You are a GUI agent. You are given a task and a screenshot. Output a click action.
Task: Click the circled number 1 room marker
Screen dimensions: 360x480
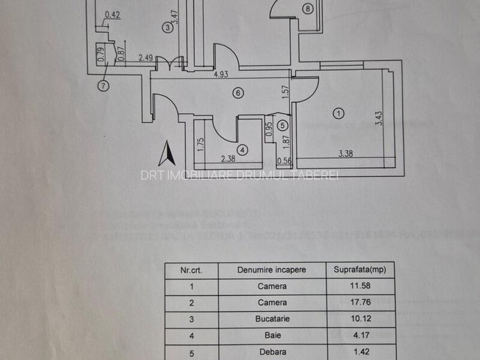(x=339, y=113)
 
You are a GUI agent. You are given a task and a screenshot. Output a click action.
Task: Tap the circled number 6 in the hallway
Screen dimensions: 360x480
(x=238, y=93)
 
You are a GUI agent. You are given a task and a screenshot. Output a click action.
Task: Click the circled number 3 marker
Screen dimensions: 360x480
(x=167, y=27)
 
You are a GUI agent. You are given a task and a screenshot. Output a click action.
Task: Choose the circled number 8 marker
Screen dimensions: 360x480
(x=308, y=9)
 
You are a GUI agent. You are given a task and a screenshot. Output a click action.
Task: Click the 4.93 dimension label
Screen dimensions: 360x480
(x=221, y=74)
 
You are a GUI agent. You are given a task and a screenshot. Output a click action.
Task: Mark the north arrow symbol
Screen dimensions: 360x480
(x=167, y=155)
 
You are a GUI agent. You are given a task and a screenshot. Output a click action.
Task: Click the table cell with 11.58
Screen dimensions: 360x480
(x=360, y=286)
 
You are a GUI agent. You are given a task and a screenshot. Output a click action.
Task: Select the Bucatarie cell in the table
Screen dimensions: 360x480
(x=272, y=318)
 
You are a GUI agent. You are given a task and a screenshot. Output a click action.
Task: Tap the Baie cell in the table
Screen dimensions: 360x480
(x=272, y=334)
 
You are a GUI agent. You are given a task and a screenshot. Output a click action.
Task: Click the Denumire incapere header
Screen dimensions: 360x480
(x=272, y=270)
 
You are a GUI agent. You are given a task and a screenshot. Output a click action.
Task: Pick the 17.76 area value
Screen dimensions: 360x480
(x=360, y=302)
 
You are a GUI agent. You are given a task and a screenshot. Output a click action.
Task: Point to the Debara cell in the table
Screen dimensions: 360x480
(x=272, y=351)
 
